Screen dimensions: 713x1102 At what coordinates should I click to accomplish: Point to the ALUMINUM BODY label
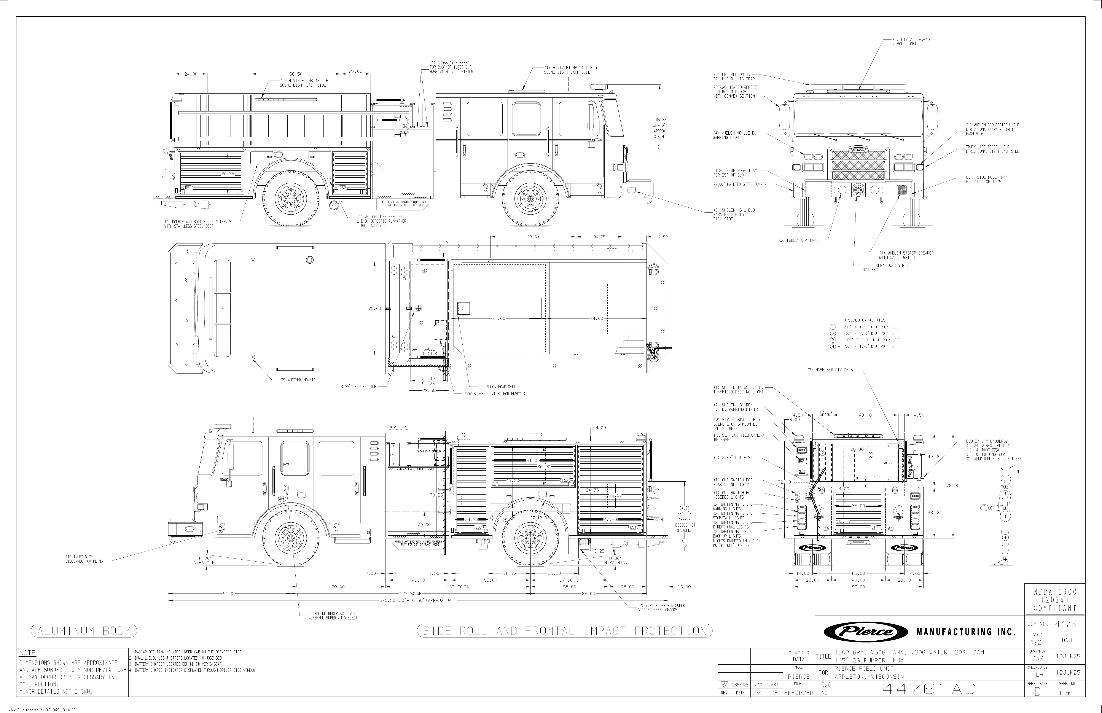tap(84, 631)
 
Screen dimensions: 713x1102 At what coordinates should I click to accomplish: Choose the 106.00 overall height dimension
tap(660, 120)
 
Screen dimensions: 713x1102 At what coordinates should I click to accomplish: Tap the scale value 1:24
tap(1038, 643)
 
